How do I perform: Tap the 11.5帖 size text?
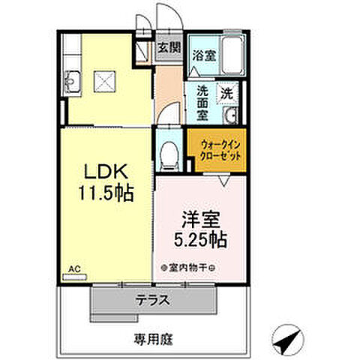point(105,193)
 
